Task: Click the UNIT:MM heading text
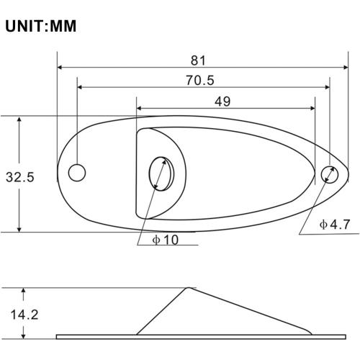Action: pyautogui.click(x=40, y=26)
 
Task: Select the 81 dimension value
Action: pyautogui.click(x=198, y=60)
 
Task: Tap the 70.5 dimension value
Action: pyautogui.click(x=200, y=80)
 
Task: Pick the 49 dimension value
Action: pyautogui.click(x=222, y=102)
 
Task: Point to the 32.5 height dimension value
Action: pyautogui.click(x=20, y=177)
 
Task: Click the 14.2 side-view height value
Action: pyautogui.click(x=24, y=315)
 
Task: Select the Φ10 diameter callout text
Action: pyautogui.click(x=166, y=240)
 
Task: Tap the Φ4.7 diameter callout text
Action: pyautogui.click(x=335, y=225)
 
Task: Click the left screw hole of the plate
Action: pyautogui.click(x=77, y=173)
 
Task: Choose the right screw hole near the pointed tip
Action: pyautogui.click(x=330, y=174)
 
